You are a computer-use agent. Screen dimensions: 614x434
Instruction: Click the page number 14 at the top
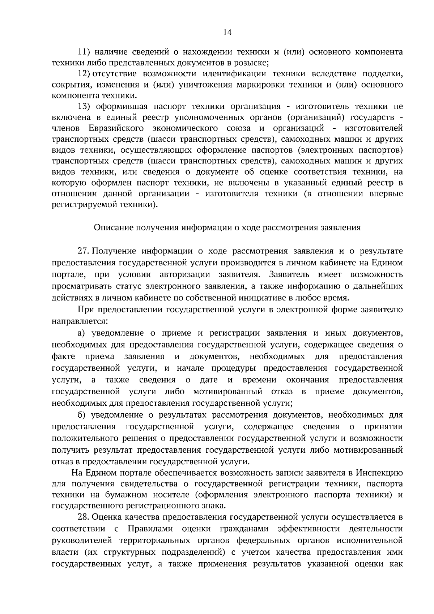click(227, 33)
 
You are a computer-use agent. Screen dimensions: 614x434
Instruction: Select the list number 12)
click(84, 74)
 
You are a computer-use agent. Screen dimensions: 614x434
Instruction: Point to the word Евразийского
click(116, 128)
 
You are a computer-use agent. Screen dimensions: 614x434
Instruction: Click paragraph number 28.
click(83, 518)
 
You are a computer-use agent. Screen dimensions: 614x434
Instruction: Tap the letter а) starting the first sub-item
click(81, 333)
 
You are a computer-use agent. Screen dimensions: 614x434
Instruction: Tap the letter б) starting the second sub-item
click(81, 415)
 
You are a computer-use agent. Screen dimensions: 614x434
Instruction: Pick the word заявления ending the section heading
click(344, 228)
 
